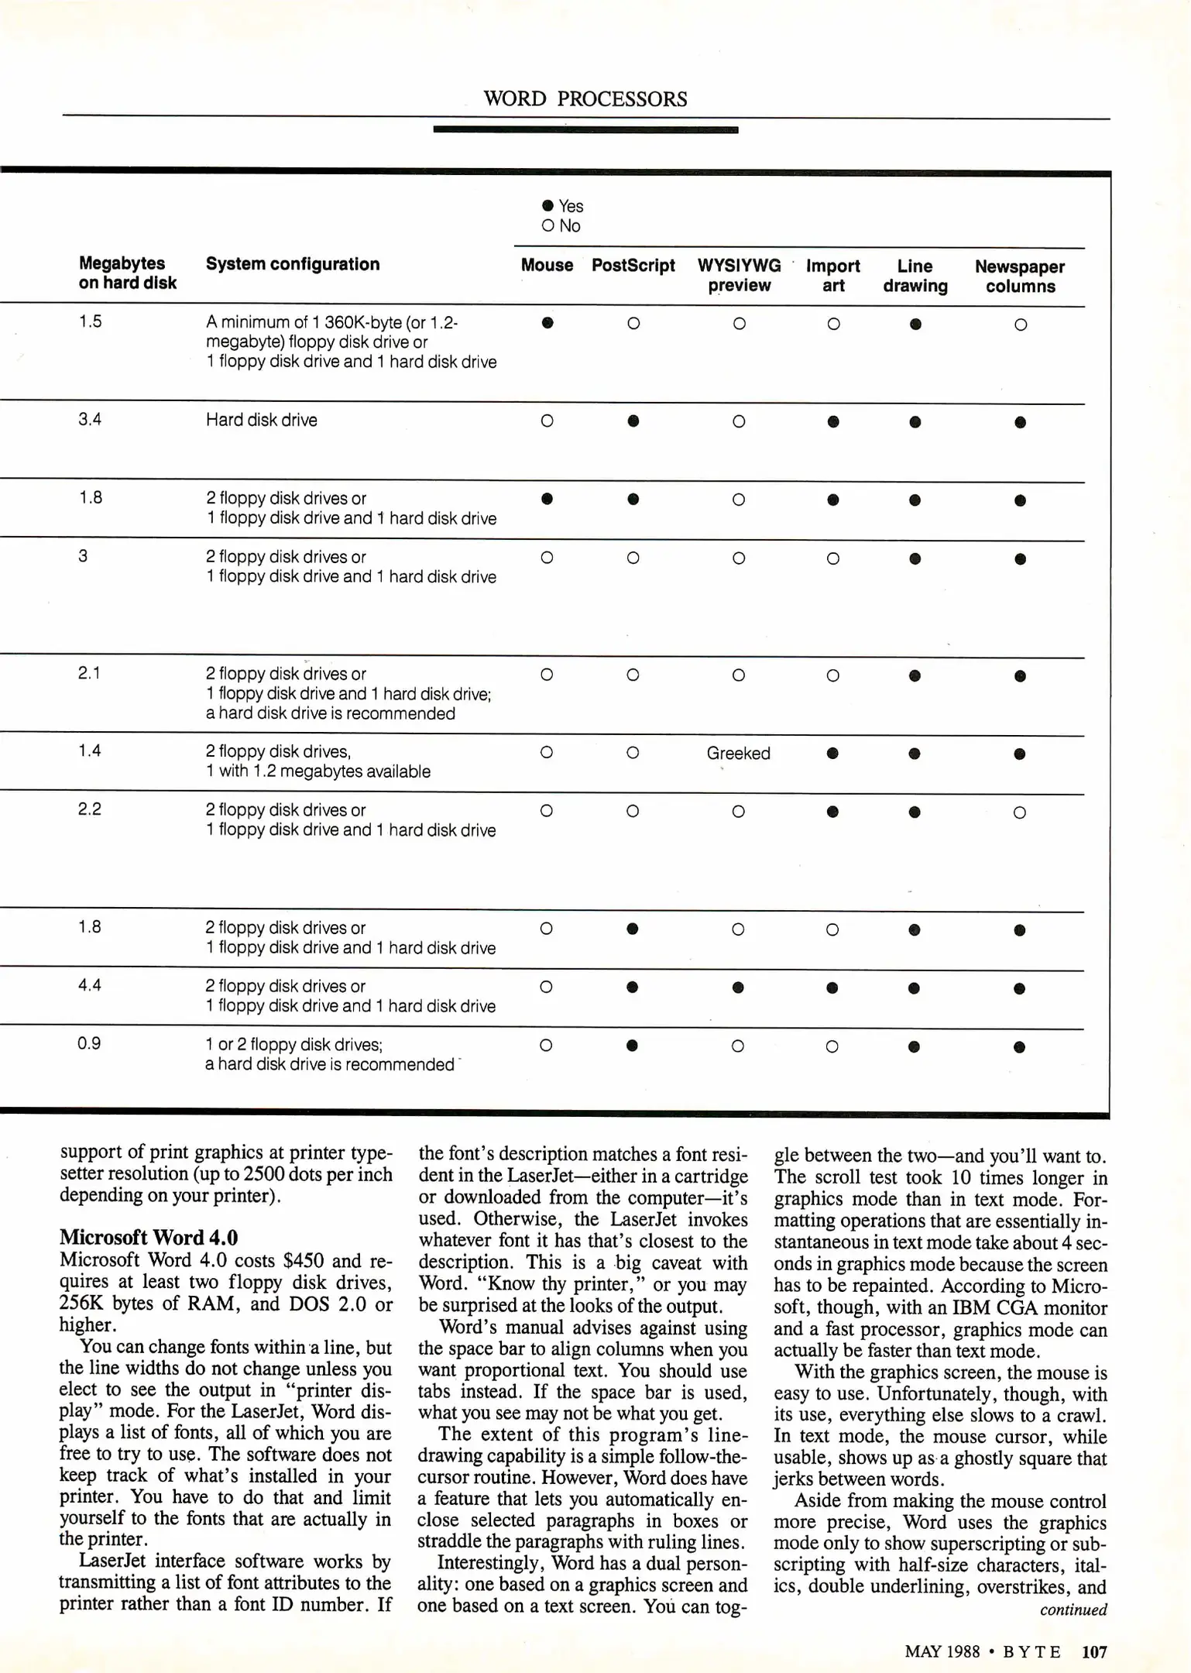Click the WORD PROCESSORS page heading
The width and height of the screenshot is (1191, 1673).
click(x=585, y=99)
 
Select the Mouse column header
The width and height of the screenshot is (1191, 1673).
click(x=547, y=266)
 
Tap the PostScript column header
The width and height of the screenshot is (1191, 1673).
click(x=633, y=266)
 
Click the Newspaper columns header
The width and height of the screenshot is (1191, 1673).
click(x=1019, y=277)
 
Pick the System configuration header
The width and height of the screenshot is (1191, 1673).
click(x=293, y=264)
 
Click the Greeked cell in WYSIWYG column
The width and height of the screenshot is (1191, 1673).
click(x=738, y=754)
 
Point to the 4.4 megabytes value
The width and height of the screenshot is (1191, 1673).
click(x=90, y=985)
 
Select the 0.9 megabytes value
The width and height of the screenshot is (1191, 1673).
click(x=89, y=1043)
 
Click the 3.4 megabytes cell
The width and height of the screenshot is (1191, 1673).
click(x=90, y=420)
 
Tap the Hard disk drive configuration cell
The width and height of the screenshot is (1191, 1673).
click(x=262, y=421)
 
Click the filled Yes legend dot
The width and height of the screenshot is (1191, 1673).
click(x=548, y=206)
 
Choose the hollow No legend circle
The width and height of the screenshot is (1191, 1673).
click(x=548, y=226)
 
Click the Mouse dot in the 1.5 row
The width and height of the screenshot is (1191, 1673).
click(x=547, y=323)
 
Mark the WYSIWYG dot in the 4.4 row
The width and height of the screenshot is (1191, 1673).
click(x=738, y=988)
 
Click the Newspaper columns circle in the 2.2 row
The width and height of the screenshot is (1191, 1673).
click(x=1019, y=812)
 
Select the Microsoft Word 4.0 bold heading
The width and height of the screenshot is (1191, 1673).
click(x=149, y=1238)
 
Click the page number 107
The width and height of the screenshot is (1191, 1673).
click(x=1094, y=1652)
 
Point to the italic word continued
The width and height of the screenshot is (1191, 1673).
click(x=1073, y=1610)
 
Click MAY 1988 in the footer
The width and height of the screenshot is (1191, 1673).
click(x=942, y=1652)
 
